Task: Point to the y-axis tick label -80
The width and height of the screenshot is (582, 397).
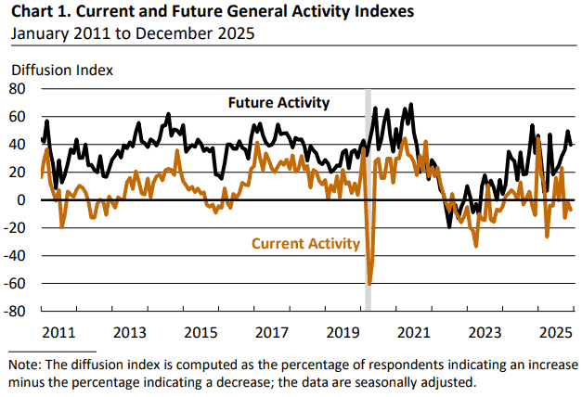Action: tap(19, 311)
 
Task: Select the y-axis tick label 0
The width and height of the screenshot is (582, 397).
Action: tap(25, 200)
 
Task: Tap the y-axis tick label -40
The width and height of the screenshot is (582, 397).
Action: tap(19, 256)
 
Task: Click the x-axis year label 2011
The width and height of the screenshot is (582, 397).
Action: tap(58, 332)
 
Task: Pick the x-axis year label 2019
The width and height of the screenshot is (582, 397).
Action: tap(343, 332)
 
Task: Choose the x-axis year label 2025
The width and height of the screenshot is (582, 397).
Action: tap(555, 332)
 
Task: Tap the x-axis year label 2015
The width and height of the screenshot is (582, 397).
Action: tap(200, 332)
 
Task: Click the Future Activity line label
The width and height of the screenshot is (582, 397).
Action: tap(279, 102)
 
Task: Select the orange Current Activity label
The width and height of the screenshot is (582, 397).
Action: tap(305, 244)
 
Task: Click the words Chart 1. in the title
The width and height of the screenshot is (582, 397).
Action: tap(39, 13)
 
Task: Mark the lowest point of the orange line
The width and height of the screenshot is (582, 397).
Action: tap(369, 284)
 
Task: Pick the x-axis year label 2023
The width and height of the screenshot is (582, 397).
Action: tap(485, 332)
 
